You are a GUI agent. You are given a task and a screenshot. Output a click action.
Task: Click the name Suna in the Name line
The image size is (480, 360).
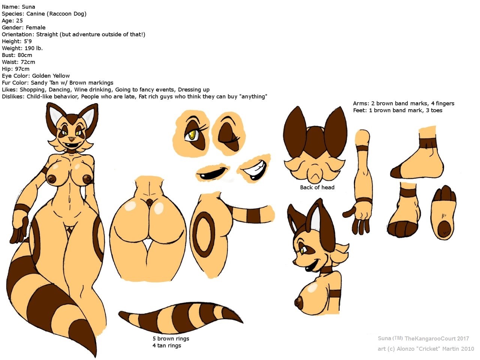(x=28, y=7)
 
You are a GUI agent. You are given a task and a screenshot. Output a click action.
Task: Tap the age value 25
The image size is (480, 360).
(x=19, y=21)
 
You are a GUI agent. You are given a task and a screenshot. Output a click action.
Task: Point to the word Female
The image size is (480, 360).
(x=36, y=27)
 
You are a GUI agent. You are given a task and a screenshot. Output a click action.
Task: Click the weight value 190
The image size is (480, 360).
(x=30, y=48)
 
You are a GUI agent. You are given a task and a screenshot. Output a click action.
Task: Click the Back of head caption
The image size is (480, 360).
(x=317, y=187)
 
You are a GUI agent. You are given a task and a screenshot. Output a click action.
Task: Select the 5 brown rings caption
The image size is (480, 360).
(x=171, y=339)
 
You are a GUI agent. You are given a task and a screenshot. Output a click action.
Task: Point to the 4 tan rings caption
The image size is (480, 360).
(x=166, y=346)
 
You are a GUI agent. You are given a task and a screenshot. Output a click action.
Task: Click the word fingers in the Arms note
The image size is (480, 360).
(x=445, y=103)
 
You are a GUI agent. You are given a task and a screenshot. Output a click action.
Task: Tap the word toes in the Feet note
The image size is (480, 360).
(x=436, y=110)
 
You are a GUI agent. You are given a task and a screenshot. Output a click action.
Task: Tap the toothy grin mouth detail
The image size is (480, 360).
(x=255, y=168)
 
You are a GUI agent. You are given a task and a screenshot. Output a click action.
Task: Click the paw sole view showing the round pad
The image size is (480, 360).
(x=444, y=213)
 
